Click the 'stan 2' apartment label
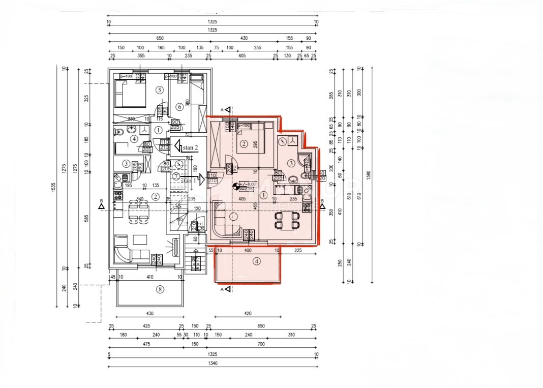(190, 147)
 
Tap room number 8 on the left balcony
(160, 289)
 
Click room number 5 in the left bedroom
(159, 90)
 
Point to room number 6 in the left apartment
(179, 106)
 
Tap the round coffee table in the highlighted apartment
(233, 217)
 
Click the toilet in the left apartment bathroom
(120, 132)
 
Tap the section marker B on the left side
(102, 205)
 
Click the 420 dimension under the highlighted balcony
(248, 314)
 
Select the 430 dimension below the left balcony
(149, 314)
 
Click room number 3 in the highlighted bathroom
(291, 163)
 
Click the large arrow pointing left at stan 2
(177, 147)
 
